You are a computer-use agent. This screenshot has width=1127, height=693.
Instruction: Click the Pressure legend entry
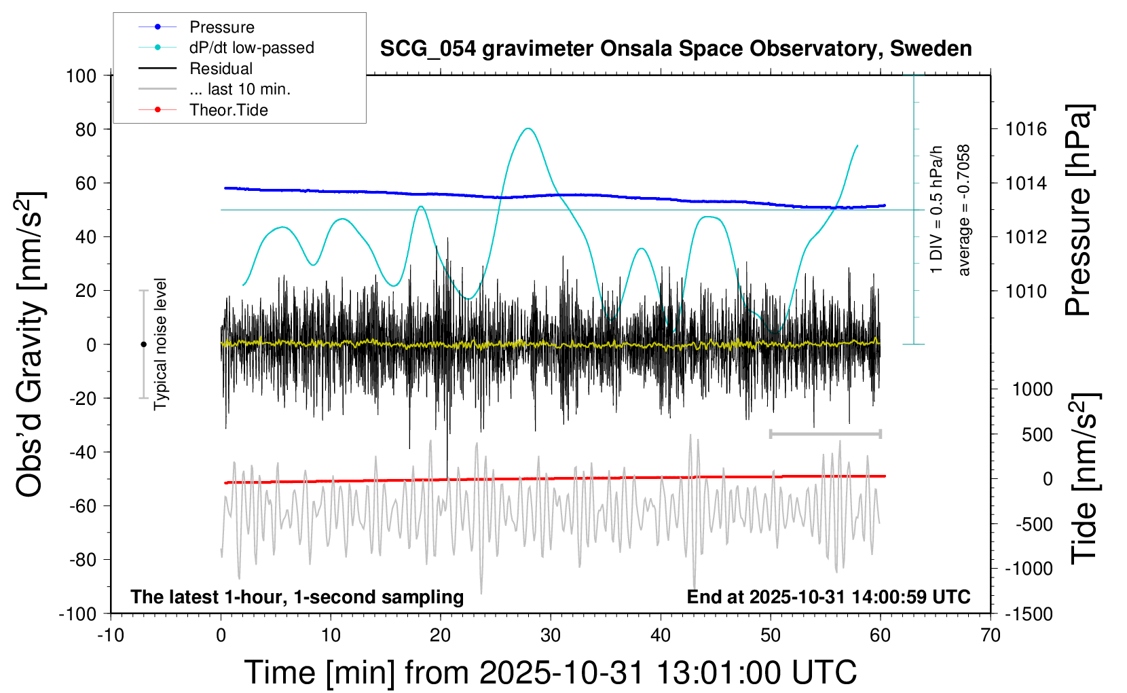tap(221, 27)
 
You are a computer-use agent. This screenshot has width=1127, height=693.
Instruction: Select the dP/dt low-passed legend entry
tap(251, 48)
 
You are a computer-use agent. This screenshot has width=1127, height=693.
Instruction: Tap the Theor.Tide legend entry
tap(228, 110)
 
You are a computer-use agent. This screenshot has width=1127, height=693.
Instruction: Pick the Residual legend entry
tap(221, 69)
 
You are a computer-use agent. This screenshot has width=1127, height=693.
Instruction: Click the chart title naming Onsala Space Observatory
tap(676, 49)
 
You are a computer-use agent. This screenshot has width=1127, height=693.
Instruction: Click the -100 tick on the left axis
tap(78, 614)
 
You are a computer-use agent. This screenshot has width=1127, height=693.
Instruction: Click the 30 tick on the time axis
tap(551, 636)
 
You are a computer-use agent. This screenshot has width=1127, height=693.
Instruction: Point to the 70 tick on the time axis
tap(991, 636)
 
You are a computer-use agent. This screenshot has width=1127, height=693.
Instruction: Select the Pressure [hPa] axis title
tap(1078, 211)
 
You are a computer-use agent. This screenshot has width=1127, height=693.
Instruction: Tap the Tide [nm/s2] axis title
tap(1084, 479)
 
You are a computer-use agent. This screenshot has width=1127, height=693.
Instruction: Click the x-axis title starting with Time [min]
tap(551, 673)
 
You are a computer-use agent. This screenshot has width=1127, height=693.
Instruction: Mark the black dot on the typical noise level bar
tap(143, 344)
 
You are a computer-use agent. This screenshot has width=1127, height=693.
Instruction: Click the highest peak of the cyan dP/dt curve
tap(528, 128)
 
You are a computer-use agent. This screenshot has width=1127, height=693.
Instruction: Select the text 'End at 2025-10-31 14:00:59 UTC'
tap(828, 597)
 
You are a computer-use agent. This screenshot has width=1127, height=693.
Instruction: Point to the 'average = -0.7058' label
tap(963, 211)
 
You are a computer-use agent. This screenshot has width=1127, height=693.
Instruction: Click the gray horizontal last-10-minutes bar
tap(825, 433)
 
